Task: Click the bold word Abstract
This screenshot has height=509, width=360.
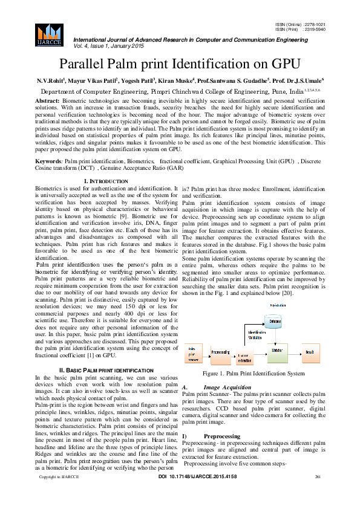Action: tap(48, 100)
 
